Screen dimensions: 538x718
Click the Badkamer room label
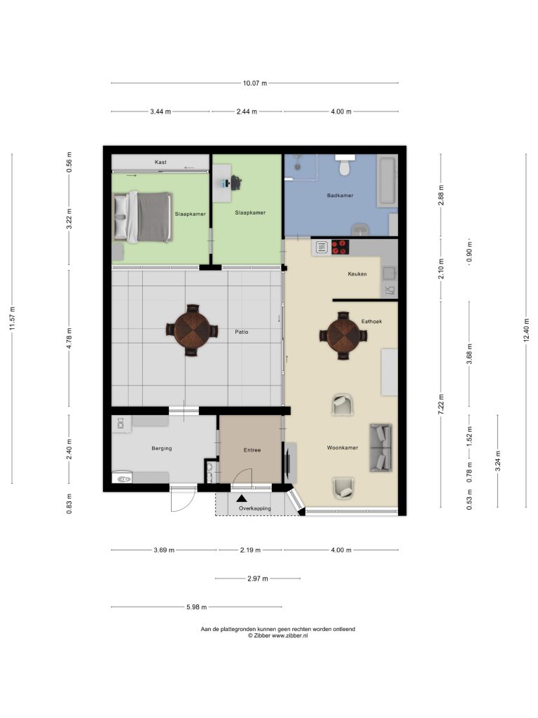pyautogui.click(x=340, y=196)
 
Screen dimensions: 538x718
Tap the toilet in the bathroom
pyautogui.click(x=345, y=165)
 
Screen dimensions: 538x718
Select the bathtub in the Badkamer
pyautogui.click(x=387, y=181)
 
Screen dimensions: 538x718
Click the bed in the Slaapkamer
pyautogui.click(x=143, y=217)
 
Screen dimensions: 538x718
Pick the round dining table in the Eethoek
pyautogui.click(x=343, y=336)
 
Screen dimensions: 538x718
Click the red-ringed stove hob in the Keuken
pyautogui.click(x=340, y=248)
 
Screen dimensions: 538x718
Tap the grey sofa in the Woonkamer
pyautogui.click(x=381, y=448)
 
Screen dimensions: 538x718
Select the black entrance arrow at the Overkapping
pyautogui.click(x=242, y=499)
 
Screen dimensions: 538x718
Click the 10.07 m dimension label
pyautogui.click(x=255, y=83)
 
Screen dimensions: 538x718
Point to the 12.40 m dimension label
pyautogui.click(x=527, y=330)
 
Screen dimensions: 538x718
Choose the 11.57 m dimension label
pyautogui.click(x=12, y=318)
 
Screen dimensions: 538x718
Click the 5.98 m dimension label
pyautogui.click(x=196, y=607)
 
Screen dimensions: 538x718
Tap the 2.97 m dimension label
pyautogui.click(x=258, y=578)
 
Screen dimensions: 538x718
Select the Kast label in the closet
pyautogui.click(x=160, y=162)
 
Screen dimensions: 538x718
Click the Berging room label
pyautogui.click(x=162, y=448)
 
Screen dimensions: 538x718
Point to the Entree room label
pyautogui.click(x=252, y=450)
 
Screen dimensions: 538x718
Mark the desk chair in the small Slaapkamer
pyautogui.click(x=235, y=183)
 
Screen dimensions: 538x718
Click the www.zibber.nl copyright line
pyautogui.click(x=277, y=635)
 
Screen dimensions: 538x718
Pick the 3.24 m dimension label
pyautogui.click(x=498, y=461)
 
